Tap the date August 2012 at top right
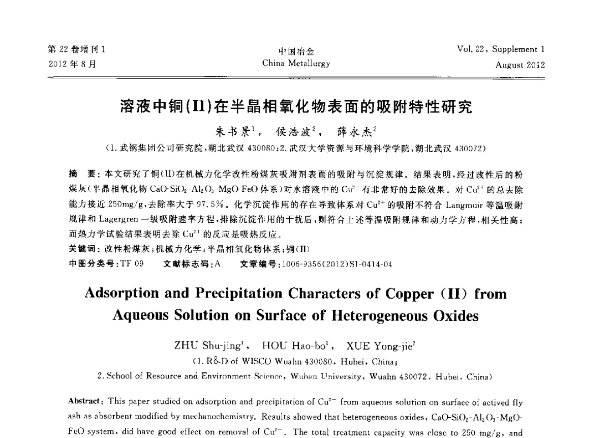click(520, 65)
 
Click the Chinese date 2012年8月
click(72, 64)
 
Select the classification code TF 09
click(132, 264)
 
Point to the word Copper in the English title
click(401, 294)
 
